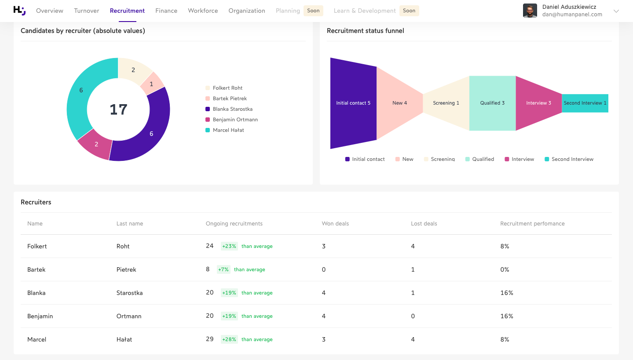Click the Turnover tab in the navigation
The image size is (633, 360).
point(86,11)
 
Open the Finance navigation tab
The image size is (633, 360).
point(166,11)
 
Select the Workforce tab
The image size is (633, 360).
point(203,11)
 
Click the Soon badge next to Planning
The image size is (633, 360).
point(313,11)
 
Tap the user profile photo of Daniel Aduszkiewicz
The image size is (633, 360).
point(530,11)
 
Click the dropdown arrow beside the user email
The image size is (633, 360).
point(616,11)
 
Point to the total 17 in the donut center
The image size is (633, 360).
point(118,109)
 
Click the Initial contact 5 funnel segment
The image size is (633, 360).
point(353,103)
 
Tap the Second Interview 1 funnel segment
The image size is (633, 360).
point(585,103)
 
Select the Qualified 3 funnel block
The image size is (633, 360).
point(492,103)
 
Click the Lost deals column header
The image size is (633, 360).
point(424,224)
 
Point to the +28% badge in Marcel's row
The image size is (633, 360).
point(229,339)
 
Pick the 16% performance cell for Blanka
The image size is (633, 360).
point(507,293)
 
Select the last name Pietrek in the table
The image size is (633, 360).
point(126,269)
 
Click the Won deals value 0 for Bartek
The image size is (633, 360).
point(324,269)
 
